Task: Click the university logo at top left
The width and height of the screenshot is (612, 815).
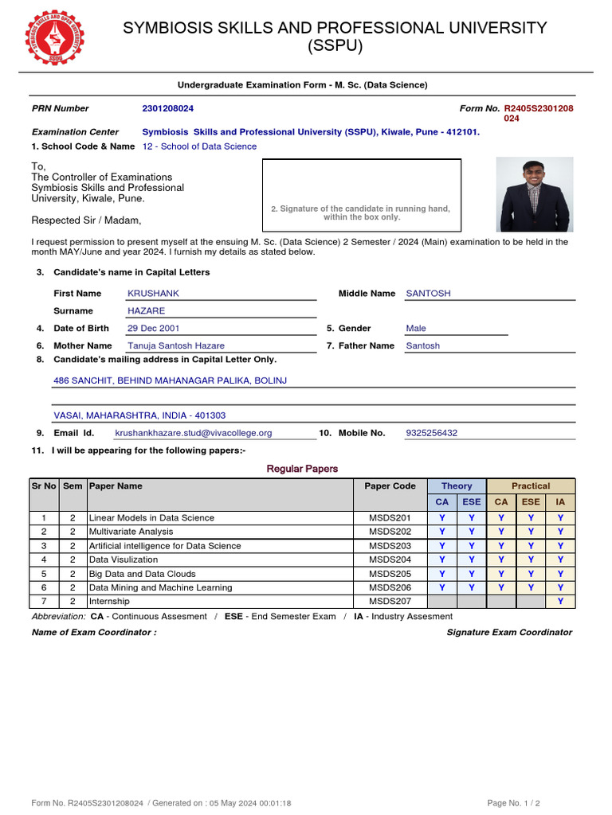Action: [55, 37]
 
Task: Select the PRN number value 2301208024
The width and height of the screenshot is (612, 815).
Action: [167, 108]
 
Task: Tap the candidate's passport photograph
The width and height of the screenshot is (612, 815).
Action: [534, 194]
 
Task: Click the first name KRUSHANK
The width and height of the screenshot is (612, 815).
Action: [153, 294]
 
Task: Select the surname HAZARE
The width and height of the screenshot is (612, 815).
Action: [146, 311]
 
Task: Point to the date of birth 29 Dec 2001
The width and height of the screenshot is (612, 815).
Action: [154, 329]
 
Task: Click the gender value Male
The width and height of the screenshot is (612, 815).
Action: [416, 329]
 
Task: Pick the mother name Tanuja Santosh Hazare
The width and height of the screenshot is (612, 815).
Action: [176, 346]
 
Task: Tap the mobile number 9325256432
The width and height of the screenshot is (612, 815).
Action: [432, 433]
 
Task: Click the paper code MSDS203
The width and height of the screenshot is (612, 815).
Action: [390, 546]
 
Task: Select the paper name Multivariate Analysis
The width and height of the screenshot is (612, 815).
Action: [131, 532]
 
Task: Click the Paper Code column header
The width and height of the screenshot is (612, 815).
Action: [390, 486]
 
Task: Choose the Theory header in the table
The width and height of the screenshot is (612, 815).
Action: [457, 486]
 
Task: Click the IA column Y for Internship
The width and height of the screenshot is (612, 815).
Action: [560, 602]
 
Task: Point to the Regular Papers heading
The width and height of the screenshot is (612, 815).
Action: [302, 469]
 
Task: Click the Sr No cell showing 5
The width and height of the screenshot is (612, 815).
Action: [44, 574]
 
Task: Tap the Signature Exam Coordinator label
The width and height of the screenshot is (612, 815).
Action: [509, 633]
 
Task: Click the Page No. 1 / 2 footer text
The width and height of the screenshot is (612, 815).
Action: [518, 803]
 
